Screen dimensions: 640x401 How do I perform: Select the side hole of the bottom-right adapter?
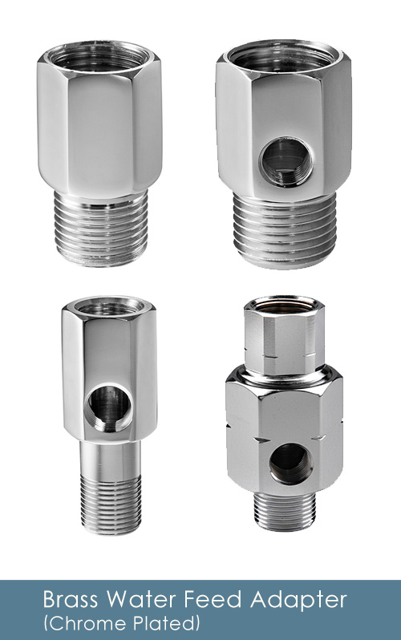coord(290,464)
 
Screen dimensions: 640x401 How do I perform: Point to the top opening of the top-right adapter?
coord(283,56)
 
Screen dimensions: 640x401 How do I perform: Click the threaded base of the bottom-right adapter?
coord(285,510)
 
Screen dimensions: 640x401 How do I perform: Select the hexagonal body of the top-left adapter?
coord(101,128)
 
